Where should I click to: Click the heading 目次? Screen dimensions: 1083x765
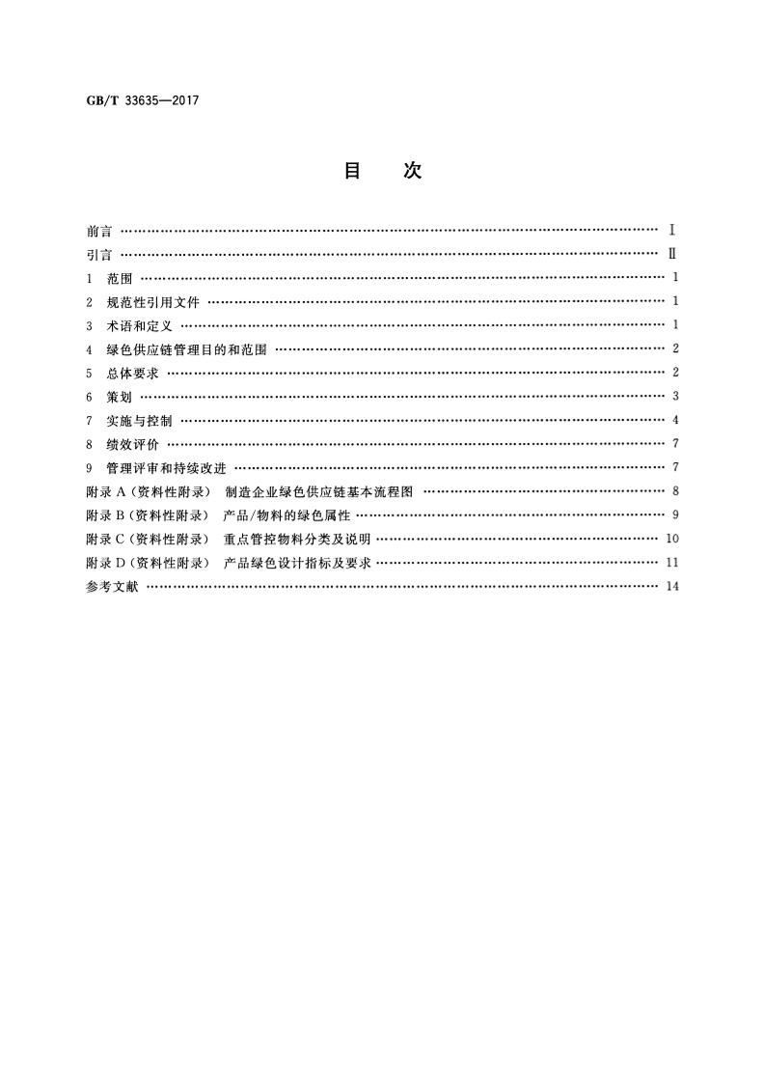pyautogui.click(x=382, y=171)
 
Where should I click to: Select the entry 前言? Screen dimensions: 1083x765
pyautogui.click(x=98, y=231)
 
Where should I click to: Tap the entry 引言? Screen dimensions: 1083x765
pyautogui.click(x=98, y=255)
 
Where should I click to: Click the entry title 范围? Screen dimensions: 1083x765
pyautogui.click(x=121, y=278)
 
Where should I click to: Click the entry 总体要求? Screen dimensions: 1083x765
pyautogui.click(x=133, y=373)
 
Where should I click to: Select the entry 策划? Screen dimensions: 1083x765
pyautogui.click(x=121, y=397)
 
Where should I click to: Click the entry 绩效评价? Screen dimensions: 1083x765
pyautogui.click(x=133, y=444)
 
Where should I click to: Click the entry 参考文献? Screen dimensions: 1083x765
pyautogui.click(x=112, y=586)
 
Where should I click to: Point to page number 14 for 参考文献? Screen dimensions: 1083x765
pyautogui.click(x=672, y=586)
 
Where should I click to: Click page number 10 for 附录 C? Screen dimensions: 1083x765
pyautogui.click(x=672, y=539)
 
